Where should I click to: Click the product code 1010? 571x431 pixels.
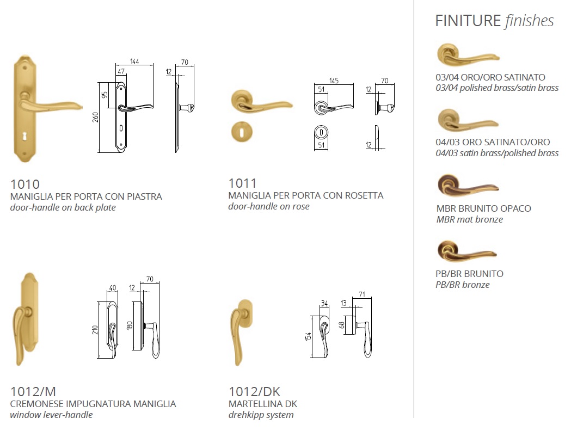pyautogui.click(x=24, y=184)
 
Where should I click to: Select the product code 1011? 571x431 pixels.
pyautogui.click(x=242, y=183)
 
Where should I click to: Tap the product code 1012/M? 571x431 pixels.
pyautogui.click(x=33, y=392)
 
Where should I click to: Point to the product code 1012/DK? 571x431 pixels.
pyautogui.click(x=255, y=392)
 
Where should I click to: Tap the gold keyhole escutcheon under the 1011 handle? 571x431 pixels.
pyautogui.click(x=242, y=132)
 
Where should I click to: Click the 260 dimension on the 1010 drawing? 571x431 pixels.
pyautogui.click(x=95, y=117)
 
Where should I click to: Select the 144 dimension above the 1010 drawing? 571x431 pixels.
pyautogui.click(x=134, y=61)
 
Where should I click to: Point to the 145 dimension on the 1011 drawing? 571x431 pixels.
pyautogui.click(x=334, y=81)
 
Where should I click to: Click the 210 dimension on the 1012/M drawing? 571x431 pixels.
pyautogui.click(x=95, y=330)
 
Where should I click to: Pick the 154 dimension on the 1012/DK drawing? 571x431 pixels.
pyautogui.click(x=308, y=337)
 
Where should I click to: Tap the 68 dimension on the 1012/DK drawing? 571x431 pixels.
pyautogui.click(x=341, y=325)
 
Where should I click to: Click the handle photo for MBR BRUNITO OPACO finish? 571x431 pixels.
pyautogui.click(x=468, y=186)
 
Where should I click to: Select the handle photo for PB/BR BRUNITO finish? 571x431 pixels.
pyautogui.click(x=467, y=251)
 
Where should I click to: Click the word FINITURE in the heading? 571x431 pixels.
pyautogui.click(x=468, y=21)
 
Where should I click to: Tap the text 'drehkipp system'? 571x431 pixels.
pyautogui.click(x=261, y=415)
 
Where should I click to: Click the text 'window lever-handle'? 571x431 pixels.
pyautogui.click(x=51, y=415)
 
